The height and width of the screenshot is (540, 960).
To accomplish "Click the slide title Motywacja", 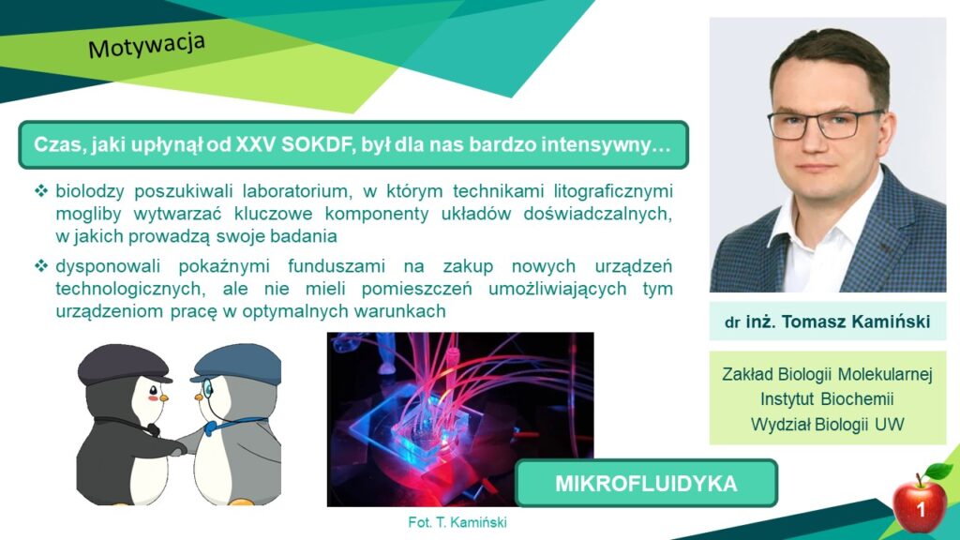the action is (146, 46).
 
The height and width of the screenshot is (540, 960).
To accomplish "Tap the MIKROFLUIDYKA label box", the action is (646, 483).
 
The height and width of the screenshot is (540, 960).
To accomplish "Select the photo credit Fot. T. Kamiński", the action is (457, 522).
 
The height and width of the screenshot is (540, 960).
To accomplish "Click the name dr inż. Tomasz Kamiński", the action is (827, 322).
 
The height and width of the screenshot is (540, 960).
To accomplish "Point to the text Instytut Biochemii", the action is (827, 399).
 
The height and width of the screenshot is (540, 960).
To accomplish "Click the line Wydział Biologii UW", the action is (827, 425).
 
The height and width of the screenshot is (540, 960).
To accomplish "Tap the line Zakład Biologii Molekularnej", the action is (827, 374).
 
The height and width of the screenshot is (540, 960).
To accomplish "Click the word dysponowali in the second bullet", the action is (108, 266).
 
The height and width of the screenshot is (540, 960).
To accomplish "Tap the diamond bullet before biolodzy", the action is (41, 190).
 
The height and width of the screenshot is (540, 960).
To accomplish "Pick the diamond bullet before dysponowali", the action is (41, 265).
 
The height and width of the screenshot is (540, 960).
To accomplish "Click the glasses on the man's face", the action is (826, 125).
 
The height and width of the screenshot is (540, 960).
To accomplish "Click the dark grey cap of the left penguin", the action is (125, 365).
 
